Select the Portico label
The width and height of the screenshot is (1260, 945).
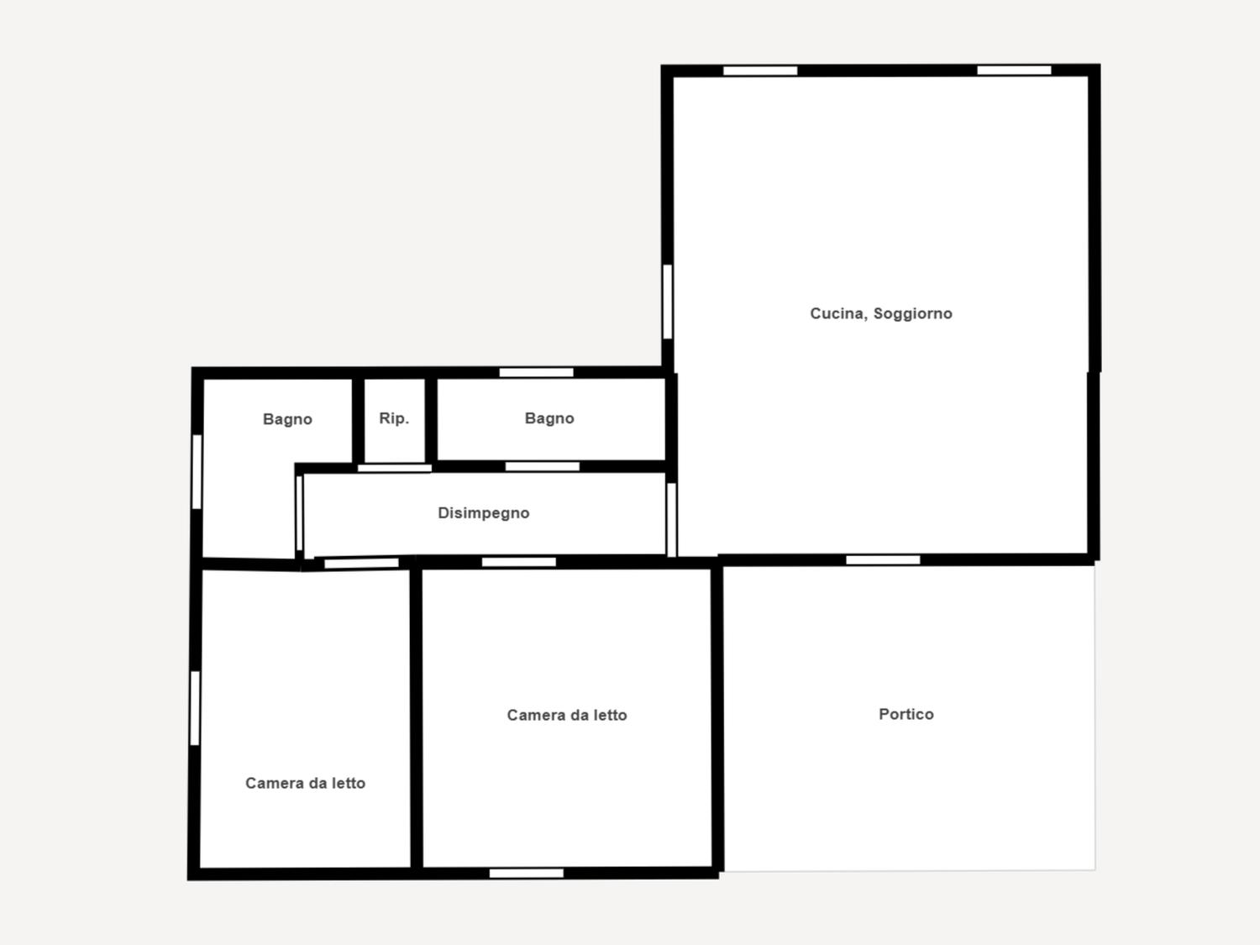(906, 714)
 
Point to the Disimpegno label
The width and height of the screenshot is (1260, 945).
(483, 513)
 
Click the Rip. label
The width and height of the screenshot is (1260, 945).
(394, 418)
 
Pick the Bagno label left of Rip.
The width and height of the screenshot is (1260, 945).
(287, 419)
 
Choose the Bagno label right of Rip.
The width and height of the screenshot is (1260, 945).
(549, 418)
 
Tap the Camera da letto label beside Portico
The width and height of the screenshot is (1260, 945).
(566, 715)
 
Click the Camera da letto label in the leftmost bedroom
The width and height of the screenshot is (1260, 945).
(305, 783)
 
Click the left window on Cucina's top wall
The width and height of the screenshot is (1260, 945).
(760, 71)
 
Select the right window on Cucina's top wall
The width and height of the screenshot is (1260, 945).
(1015, 70)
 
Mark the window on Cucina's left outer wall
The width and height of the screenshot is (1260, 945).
(668, 302)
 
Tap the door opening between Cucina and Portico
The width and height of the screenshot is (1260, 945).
(883, 560)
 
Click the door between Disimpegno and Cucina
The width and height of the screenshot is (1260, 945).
(672, 520)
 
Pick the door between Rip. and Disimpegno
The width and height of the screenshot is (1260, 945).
(394, 469)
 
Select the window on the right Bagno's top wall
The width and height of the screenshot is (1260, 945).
(536, 373)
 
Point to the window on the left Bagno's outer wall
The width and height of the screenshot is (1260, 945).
(197, 471)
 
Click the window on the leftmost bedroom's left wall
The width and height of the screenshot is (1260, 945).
(195, 708)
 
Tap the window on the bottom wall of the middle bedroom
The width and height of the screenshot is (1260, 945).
(527, 874)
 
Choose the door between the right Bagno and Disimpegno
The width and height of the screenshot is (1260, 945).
(543, 466)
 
